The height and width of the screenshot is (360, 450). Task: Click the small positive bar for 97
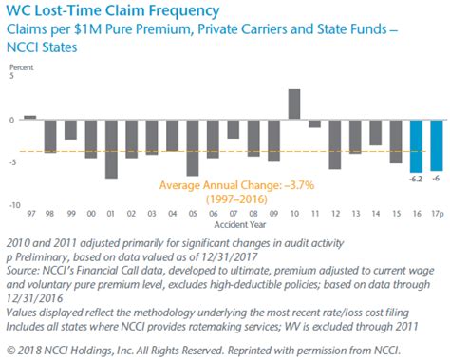pyautogui.click(x=29, y=118)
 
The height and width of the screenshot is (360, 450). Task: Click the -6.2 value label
pyautogui.click(x=415, y=179)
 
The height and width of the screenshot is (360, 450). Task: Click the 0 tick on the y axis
pyautogui.click(x=12, y=121)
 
